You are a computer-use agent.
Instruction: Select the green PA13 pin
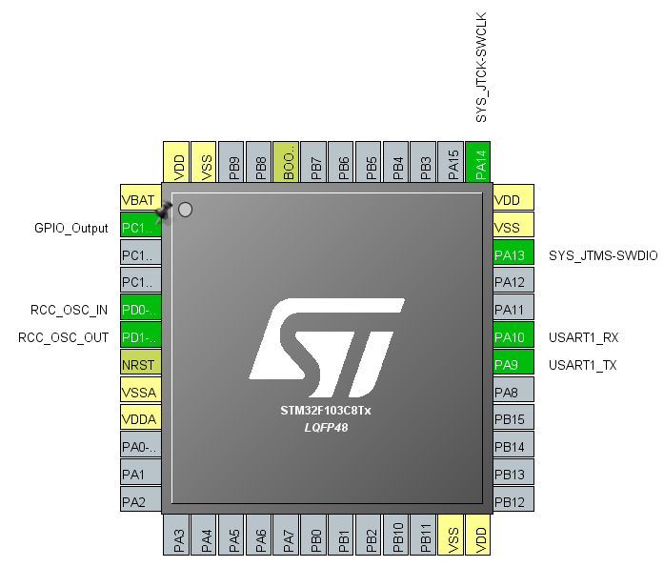(x=513, y=254)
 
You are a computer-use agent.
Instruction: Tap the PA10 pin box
(x=513, y=337)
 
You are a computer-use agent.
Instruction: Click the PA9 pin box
(x=513, y=364)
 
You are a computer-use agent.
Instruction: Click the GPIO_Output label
(x=70, y=228)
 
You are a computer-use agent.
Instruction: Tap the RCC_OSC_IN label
(x=70, y=310)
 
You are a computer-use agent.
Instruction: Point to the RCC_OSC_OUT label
(x=65, y=337)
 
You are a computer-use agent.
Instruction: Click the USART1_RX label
(x=584, y=337)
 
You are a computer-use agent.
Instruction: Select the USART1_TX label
(x=584, y=364)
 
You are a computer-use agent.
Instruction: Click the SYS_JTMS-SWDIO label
(x=603, y=254)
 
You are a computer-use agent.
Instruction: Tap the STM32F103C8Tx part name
(x=326, y=413)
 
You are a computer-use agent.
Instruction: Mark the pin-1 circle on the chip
(x=186, y=209)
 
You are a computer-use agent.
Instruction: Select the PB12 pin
(x=513, y=501)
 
